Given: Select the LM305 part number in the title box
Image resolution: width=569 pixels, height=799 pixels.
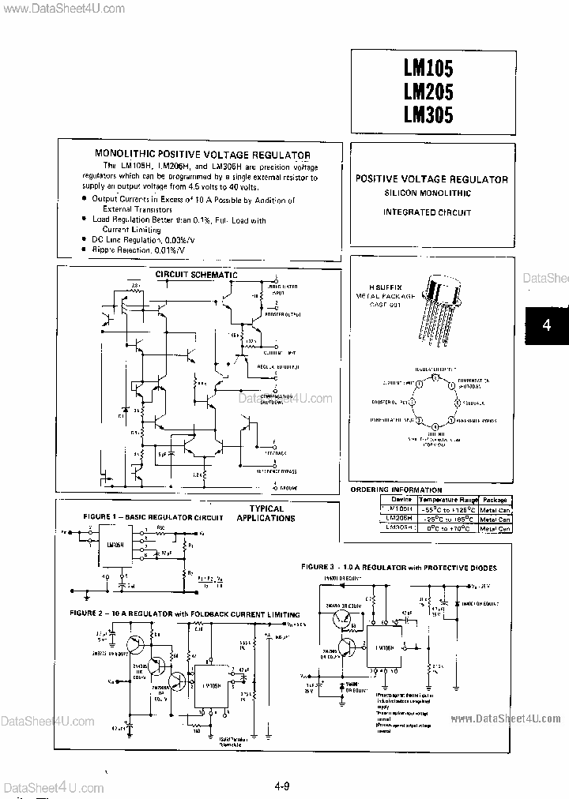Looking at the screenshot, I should [x=428, y=115].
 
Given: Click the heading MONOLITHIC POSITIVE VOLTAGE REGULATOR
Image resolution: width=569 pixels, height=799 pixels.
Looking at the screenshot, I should [x=202, y=156].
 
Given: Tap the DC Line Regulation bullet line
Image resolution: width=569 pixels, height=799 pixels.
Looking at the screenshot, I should [x=139, y=238].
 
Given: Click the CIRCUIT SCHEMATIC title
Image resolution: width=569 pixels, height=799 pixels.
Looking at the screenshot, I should [x=195, y=274].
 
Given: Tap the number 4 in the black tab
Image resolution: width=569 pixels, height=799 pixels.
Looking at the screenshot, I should [x=545, y=325].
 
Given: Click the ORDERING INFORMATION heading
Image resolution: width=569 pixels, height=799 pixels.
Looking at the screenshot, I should [x=396, y=490].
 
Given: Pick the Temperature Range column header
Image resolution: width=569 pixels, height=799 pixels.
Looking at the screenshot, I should [x=447, y=500].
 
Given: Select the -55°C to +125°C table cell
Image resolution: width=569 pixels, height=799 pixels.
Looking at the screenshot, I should [x=447, y=509].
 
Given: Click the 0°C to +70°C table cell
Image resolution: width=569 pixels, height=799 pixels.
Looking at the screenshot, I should [x=447, y=528].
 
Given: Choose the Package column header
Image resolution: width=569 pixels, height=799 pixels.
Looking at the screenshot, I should [x=495, y=500].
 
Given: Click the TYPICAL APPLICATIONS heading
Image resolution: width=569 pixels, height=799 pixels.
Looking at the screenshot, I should [x=266, y=514].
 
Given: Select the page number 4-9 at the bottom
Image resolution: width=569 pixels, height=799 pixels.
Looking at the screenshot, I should [x=282, y=786].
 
